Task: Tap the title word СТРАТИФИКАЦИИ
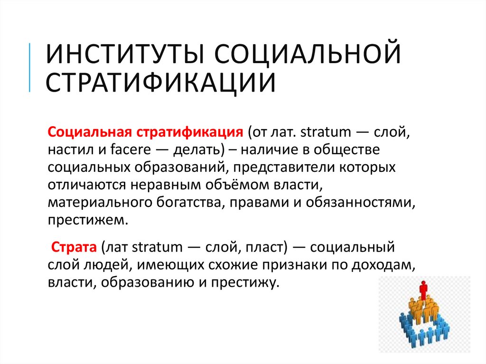tap(161, 82)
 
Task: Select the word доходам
tap(383, 266)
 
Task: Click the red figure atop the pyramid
tap(423, 289)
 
